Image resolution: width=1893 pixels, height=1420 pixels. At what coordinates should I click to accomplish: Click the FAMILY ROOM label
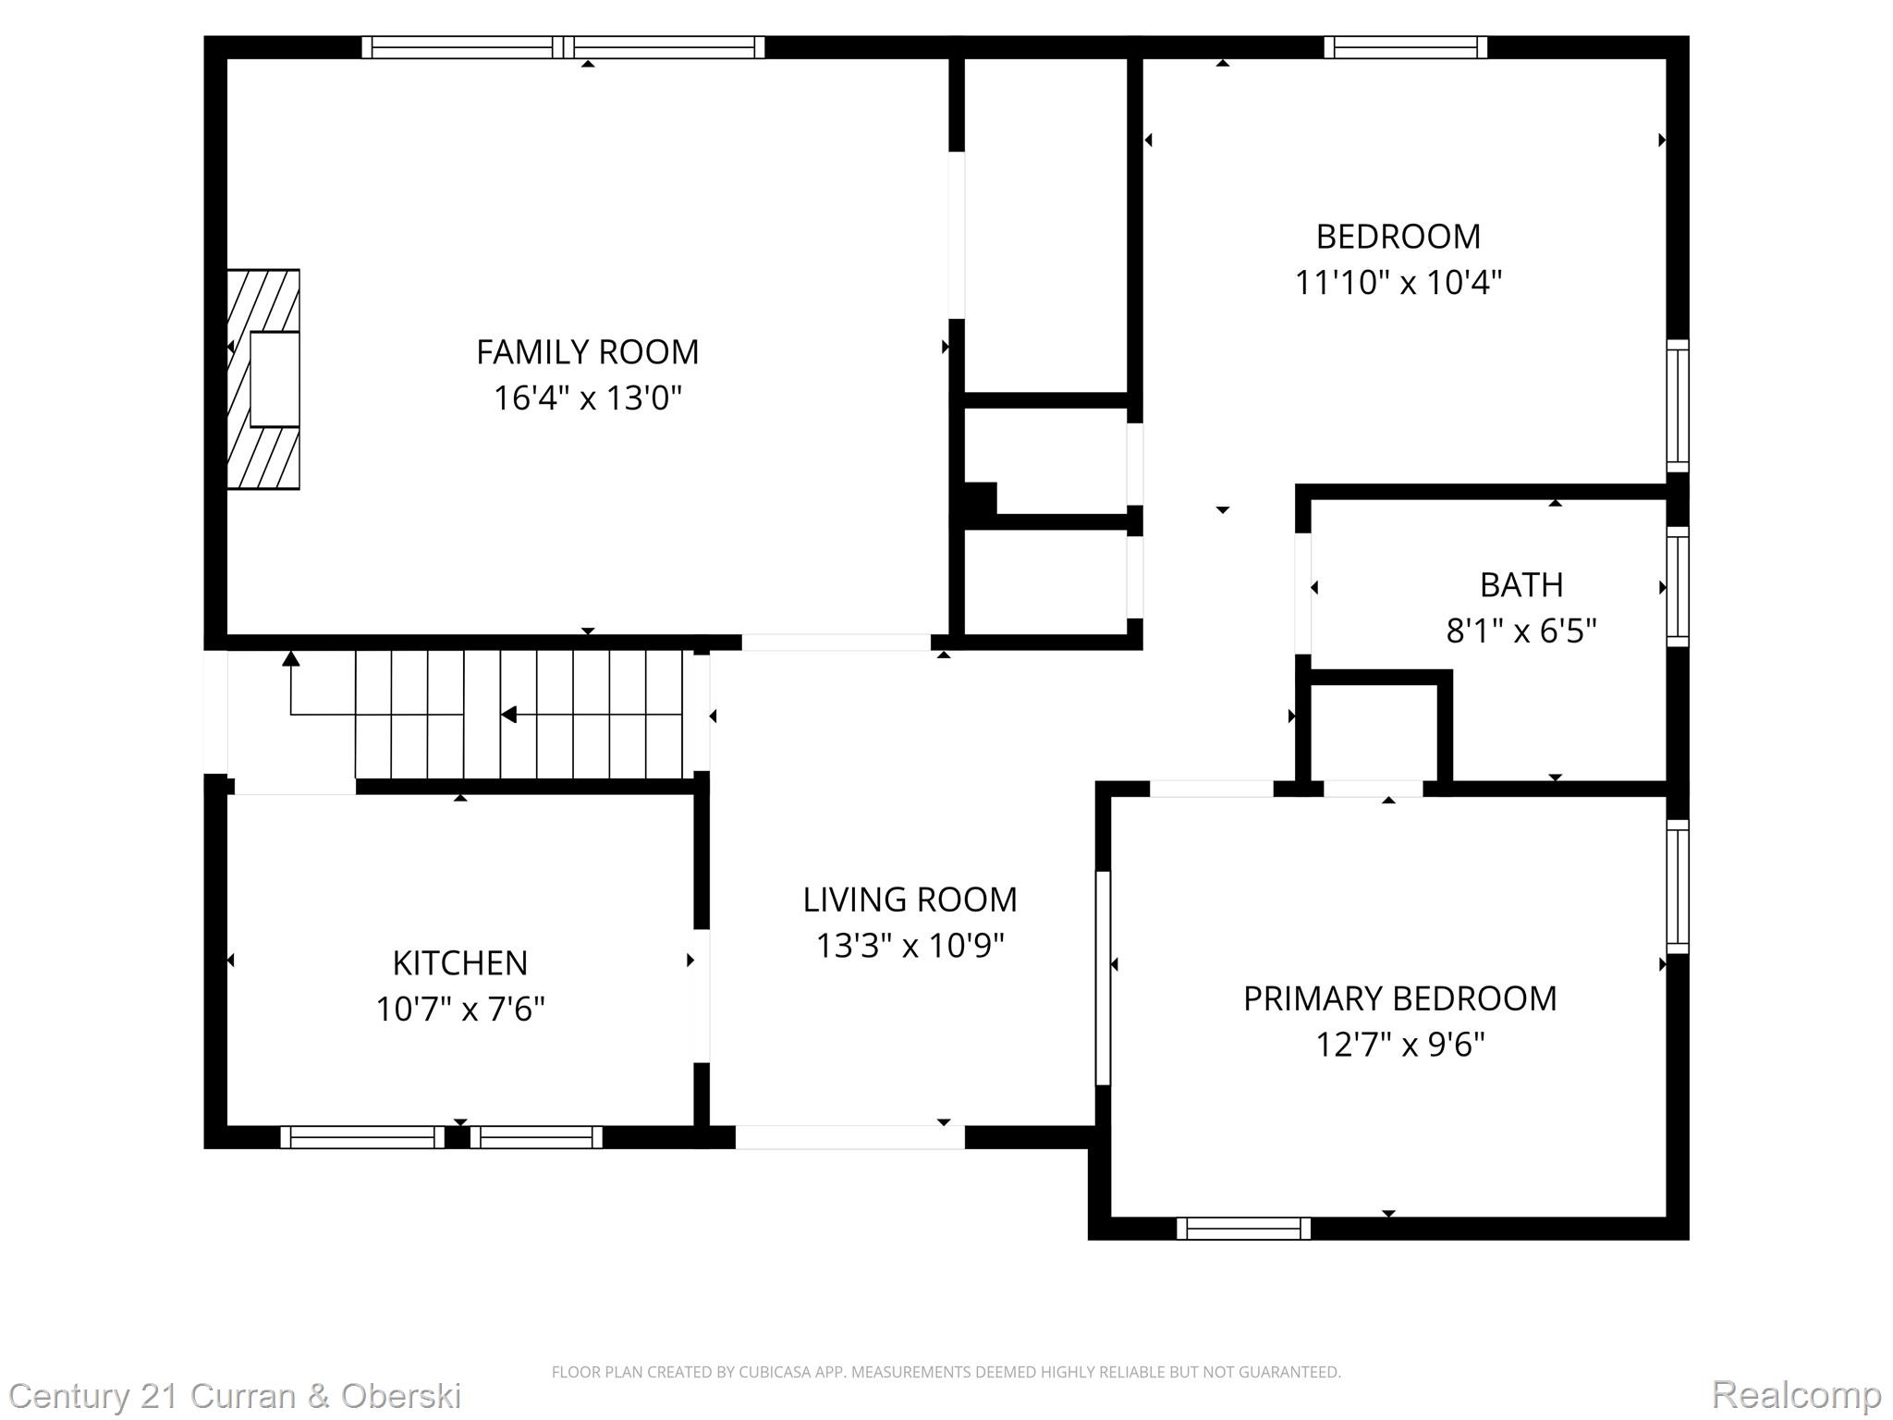pos(587,352)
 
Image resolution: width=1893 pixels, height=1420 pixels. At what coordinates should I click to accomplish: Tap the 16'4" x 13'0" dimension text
pos(587,398)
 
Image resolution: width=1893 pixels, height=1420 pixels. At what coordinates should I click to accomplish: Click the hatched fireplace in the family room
pos(263,379)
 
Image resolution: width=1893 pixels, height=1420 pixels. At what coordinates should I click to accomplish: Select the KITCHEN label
pos(459,963)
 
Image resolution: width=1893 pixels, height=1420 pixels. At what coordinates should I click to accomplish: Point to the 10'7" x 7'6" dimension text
pos(459,1009)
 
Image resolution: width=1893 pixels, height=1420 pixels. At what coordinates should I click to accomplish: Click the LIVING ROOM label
pos(910,900)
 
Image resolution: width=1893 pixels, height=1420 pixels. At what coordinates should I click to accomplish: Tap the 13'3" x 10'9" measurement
pos(910,946)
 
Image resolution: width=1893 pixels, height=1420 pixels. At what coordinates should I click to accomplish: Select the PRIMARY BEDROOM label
pos(1399,998)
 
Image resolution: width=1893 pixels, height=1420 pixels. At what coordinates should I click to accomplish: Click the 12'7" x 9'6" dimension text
pos(1399,1045)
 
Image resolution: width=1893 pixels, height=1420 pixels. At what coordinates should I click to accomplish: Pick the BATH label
pos(1521,585)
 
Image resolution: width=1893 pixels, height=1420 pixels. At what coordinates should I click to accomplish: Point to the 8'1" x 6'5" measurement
pos(1521,631)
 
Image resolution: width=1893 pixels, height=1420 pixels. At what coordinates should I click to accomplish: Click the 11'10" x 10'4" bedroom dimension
pos(1398,282)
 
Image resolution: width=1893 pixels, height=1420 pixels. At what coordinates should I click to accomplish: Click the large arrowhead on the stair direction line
pos(508,715)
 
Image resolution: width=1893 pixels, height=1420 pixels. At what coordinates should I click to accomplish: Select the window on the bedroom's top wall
pos(1405,47)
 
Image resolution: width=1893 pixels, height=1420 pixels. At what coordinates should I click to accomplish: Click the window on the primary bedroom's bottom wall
pos(1243,1229)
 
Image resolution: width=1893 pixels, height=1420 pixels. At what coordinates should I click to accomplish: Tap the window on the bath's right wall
pos(1678,587)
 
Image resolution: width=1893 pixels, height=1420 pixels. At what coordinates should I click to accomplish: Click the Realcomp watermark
pos(1796,1394)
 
